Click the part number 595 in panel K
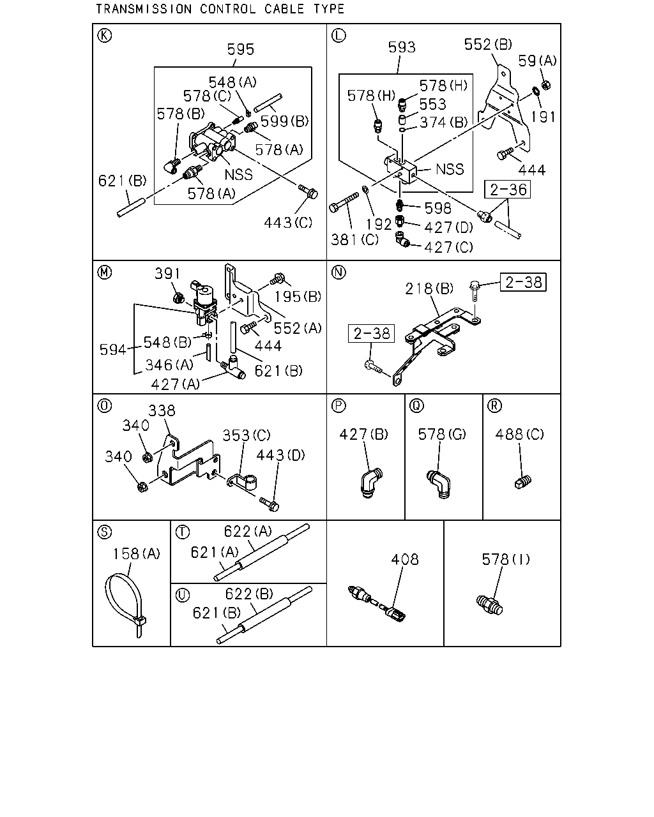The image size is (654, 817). click(x=241, y=49)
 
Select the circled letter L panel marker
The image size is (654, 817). click(x=338, y=36)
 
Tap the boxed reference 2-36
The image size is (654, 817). click(x=507, y=190)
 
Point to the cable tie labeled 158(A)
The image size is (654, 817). click(x=125, y=605)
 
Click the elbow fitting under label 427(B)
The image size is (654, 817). click(x=370, y=483)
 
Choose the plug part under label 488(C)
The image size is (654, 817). click(x=523, y=482)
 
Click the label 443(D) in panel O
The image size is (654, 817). click(x=280, y=455)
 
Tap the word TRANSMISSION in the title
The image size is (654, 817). click(x=144, y=9)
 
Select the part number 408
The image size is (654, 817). click(x=405, y=559)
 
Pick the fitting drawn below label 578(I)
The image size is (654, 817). click(x=489, y=605)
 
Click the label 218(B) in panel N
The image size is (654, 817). click(x=429, y=289)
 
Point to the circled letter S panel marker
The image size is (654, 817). click(x=105, y=532)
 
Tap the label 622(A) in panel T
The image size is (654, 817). click(x=248, y=531)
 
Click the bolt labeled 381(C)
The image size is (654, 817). click(x=344, y=202)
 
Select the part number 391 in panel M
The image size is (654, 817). click(x=167, y=273)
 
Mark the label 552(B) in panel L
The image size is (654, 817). click(x=488, y=45)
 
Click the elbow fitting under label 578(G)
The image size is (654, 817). click(x=439, y=484)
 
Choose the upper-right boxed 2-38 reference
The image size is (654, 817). click(x=523, y=283)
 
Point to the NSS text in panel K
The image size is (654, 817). click(x=239, y=175)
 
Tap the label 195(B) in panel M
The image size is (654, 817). click(x=298, y=297)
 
